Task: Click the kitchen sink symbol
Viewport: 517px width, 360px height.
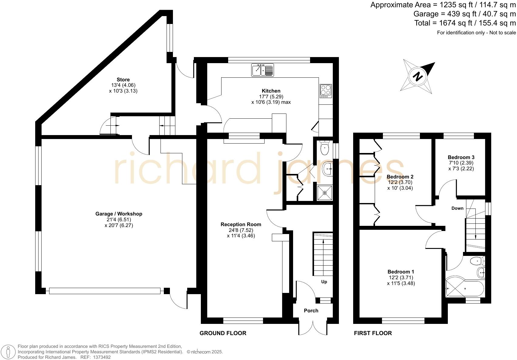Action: [262, 70]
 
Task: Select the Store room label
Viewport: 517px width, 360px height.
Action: [123, 80]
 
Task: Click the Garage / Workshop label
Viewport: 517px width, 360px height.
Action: [119, 214]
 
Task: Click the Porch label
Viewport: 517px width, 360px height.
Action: [311, 311]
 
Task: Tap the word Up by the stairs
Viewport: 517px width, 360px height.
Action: [324, 282]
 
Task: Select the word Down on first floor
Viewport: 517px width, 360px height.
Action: [457, 208]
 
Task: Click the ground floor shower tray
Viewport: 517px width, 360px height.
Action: [325, 193]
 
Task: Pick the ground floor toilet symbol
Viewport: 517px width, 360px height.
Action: [324, 148]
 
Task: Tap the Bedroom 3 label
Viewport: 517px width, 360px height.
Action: [461, 157]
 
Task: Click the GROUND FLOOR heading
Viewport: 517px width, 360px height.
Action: [223, 333]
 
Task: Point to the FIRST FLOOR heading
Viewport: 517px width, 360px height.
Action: [373, 333]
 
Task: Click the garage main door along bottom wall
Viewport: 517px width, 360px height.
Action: [105, 291]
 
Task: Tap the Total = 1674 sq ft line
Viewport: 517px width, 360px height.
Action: [465, 23]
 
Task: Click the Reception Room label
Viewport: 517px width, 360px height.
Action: [241, 224]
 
